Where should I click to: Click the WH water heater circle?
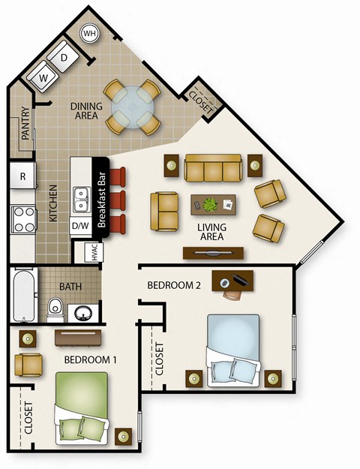click(89, 34)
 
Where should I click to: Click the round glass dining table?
click(132, 107)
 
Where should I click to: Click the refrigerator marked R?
click(22, 177)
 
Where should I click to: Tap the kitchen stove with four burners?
click(23, 219)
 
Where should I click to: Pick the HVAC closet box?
click(95, 252)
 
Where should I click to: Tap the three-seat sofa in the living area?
click(213, 168)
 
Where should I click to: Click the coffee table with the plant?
click(213, 204)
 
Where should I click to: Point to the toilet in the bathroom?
click(53, 308)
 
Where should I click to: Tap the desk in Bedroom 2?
click(233, 281)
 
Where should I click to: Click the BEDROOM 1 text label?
click(90, 359)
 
